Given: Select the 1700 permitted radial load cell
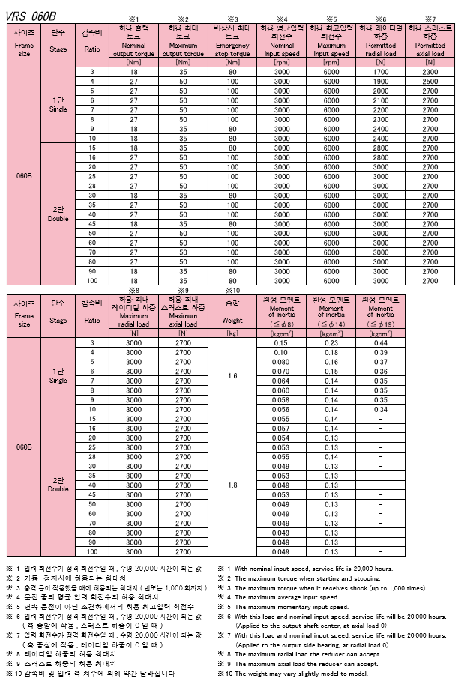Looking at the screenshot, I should click(x=380, y=71).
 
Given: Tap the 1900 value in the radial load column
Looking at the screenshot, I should click(x=380, y=81).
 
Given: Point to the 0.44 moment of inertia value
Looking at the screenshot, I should click(x=380, y=342).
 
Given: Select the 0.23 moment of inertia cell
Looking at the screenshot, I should click(x=331, y=342).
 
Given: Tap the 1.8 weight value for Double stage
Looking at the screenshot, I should click(x=232, y=485).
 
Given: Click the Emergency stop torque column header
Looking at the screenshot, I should click(x=232, y=40).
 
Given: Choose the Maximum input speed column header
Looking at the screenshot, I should click(x=331, y=40).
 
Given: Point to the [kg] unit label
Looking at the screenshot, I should click(x=232, y=333).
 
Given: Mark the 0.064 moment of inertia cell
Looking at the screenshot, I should click(x=281, y=381).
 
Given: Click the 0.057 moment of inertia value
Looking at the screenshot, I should click(x=281, y=429).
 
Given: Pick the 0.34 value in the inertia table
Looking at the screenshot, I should click(x=380, y=409).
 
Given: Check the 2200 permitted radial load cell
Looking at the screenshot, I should click(x=380, y=109).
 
